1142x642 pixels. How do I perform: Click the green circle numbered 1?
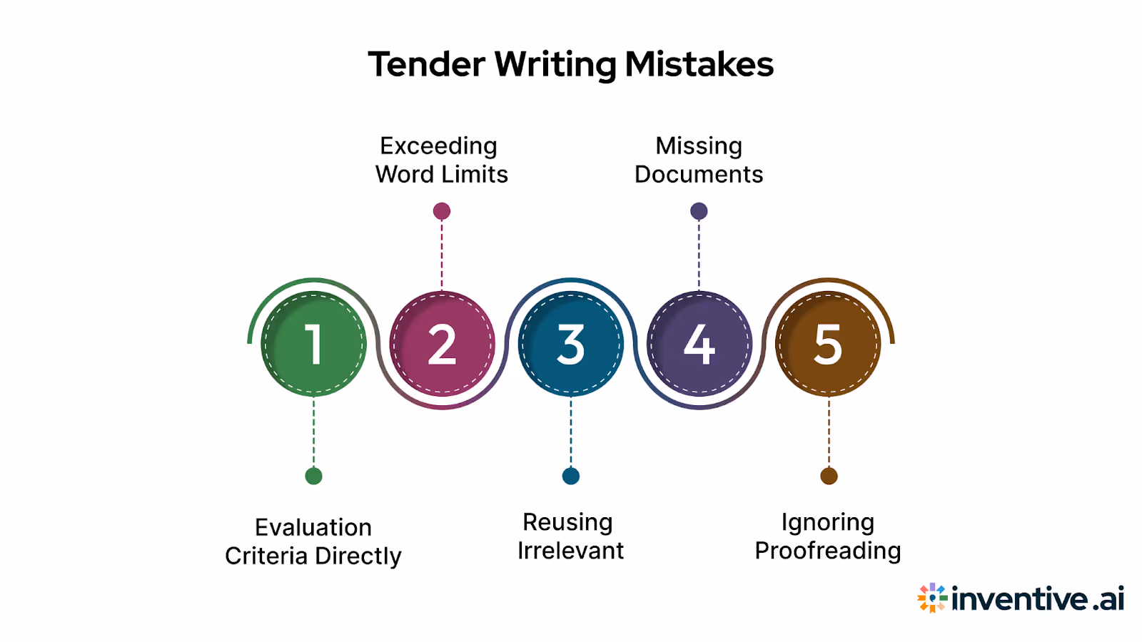click(x=313, y=344)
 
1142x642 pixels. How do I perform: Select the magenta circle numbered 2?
click(x=442, y=344)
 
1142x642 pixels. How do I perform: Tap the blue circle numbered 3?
click(x=570, y=344)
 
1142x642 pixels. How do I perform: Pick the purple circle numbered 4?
click(x=699, y=344)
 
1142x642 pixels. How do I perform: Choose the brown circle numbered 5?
click(x=828, y=344)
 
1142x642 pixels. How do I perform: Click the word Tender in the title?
click(x=427, y=64)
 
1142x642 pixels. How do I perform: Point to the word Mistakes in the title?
click(x=699, y=64)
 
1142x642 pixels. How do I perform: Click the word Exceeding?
click(x=438, y=146)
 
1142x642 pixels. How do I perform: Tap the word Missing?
click(x=699, y=146)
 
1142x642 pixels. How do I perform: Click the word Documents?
click(x=699, y=174)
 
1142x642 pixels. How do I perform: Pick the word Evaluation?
click(x=313, y=527)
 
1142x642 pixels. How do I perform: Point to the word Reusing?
click(x=567, y=522)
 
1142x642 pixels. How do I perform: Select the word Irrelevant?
click(x=570, y=551)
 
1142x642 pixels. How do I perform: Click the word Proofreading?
click(x=828, y=551)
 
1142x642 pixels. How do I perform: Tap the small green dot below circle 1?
click(x=313, y=476)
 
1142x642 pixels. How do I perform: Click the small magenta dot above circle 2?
click(x=442, y=211)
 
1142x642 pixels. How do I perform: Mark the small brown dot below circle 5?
click(x=829, y=476)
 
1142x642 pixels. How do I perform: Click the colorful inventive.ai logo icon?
click(x=932, y=598)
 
